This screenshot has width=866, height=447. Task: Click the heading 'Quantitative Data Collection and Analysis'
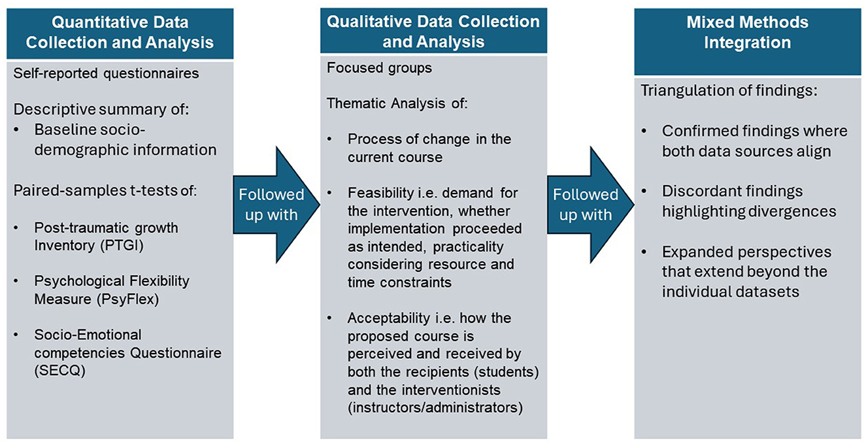coord(120,33)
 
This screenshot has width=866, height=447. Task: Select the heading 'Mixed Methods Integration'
coord(747,33)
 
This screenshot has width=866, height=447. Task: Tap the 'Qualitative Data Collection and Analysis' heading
coord(433,32)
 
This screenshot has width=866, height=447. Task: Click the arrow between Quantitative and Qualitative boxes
coord(276,205)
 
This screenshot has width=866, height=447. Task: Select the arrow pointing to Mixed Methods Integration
coord(591,205)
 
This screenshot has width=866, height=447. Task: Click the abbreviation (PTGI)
coord(122,246)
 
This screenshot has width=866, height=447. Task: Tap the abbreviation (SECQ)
coord(60,371)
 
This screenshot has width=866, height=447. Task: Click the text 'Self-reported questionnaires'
coord(107,73)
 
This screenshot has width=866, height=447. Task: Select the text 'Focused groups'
coord(379,68)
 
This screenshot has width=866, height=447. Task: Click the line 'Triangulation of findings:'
coord(729,90)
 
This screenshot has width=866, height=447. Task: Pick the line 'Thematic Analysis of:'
coord(397,103)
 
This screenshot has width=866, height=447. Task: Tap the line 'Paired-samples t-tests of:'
coord(105,191)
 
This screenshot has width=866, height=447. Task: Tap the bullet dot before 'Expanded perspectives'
coord(644,252)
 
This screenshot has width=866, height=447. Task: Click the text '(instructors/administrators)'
coord(435,408)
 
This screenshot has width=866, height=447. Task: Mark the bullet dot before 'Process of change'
coord(329,139)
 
